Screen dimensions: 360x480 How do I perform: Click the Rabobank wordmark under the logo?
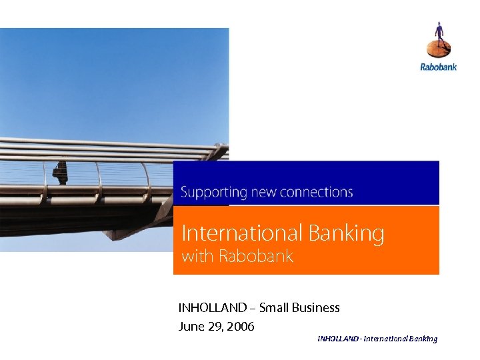click(438, 67)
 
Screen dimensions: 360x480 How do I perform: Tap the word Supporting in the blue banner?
click(205, 193)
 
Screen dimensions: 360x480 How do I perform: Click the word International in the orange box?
click(233, 233)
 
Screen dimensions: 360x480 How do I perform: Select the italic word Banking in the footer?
click(423, 339)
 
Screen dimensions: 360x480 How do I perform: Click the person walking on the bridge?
click(61, 172)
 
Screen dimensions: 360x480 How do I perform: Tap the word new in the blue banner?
click(260, 193)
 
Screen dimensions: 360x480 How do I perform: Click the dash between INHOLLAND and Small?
click(252, 309)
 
